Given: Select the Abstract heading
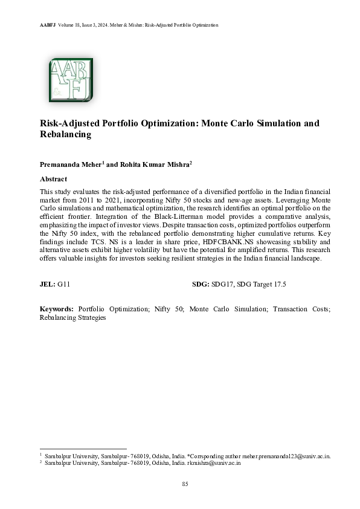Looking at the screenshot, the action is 53,179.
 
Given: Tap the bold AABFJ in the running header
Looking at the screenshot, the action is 32,25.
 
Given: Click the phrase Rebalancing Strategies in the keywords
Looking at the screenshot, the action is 72,317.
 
